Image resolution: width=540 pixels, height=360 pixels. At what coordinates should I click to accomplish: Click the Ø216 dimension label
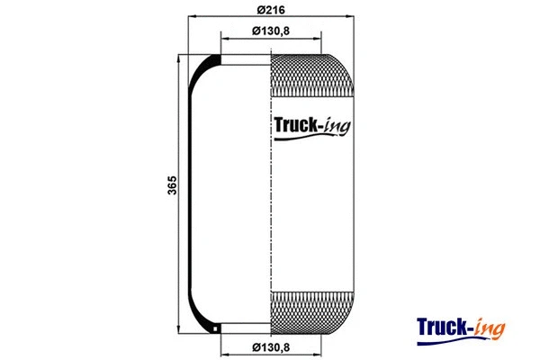click(x=271, y=10)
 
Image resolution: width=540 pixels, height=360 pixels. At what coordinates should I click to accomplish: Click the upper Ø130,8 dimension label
click(x=271, y=31)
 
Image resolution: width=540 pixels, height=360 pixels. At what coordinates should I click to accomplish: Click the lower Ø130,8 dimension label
click(x=271, y=347)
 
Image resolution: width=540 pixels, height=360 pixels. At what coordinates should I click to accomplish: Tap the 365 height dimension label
click(x=171, y=186)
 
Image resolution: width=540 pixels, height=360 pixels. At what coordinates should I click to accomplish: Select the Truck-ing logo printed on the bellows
click(x=311, y=126)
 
